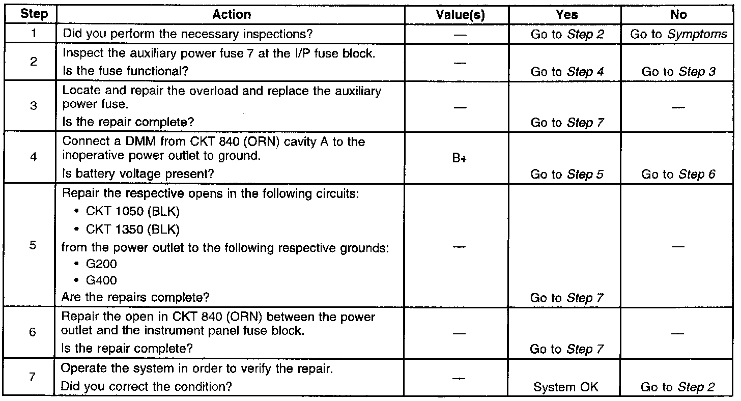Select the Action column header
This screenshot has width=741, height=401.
tap(231, 15)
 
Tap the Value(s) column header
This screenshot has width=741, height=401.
tap(460, 15)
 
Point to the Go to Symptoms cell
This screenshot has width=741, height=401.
tap(679, 34)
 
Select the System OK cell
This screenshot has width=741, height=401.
tap(565, 387)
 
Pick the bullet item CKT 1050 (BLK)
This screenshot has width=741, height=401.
tap(133, 212)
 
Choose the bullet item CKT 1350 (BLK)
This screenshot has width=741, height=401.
tap(133, 230)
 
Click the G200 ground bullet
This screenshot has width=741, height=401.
tap(102, 265)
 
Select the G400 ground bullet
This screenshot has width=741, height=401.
tap(102, 280)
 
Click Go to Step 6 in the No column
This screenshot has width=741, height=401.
tap(678, 174)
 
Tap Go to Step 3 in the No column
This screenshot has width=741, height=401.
tap(678, 72)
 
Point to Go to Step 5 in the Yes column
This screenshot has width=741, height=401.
tap(567, 174)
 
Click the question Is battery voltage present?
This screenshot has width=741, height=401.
tap(137, 174)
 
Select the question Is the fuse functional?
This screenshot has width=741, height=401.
tap(125, 72)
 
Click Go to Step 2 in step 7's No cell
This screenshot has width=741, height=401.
tap(678, 387)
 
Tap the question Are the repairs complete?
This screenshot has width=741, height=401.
tap(135, 297)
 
